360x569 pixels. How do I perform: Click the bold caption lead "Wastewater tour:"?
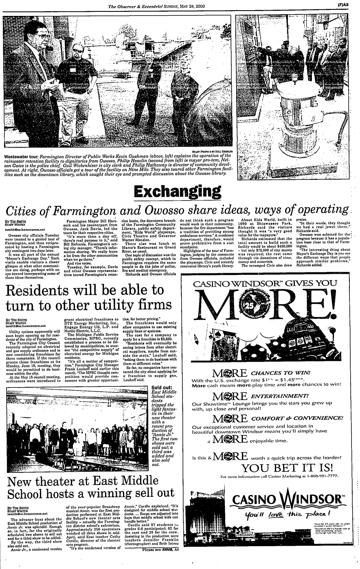pos(22,156)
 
